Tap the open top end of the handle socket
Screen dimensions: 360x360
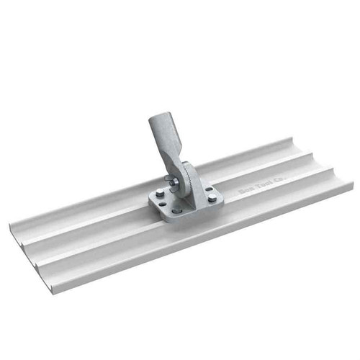[160, 117]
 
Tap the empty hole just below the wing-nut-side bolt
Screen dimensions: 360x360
[163, 204]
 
